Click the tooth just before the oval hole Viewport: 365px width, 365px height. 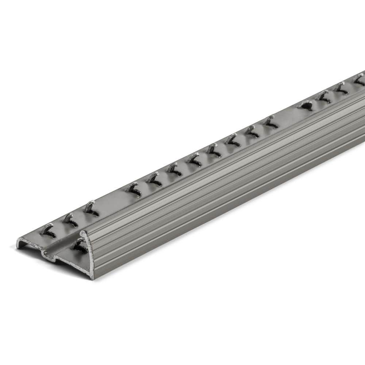click(x=270, y=121)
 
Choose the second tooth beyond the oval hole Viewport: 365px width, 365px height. click(x=342, y=88)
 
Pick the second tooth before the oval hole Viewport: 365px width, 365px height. click(x=251, y=131)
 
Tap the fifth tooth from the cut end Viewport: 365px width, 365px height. click(x=155, y=178)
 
